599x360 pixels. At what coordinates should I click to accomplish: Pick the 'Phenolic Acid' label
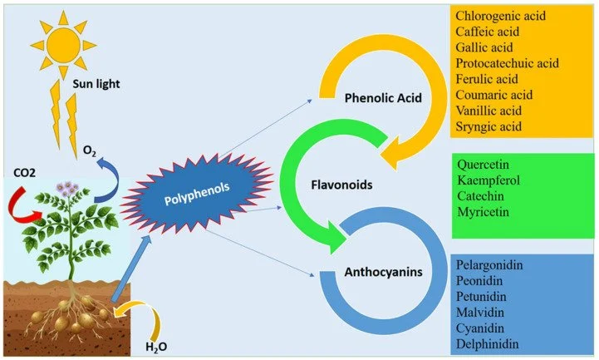point(383,99)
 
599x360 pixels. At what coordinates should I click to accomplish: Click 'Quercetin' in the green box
point(484,164)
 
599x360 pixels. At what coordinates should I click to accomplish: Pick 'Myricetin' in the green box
point(483,211)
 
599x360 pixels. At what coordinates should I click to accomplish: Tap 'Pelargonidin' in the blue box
point(490,265)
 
